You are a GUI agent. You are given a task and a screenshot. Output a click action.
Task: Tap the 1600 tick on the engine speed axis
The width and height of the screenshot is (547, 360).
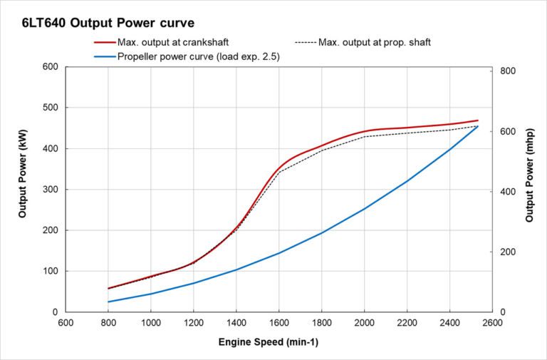coord(278,322)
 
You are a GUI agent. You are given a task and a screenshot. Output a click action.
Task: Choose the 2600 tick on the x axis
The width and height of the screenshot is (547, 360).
coord(492,322)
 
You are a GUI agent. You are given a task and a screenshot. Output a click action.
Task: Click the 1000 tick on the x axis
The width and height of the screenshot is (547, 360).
coord(150,322)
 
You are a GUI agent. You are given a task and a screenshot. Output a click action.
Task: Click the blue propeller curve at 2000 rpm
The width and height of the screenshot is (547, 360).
coord(365,209)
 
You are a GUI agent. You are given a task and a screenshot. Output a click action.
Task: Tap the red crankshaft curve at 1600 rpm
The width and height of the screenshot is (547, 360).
coord(279,168)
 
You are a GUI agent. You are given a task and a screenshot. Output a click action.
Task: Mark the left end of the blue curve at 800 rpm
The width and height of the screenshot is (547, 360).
coord(108,302)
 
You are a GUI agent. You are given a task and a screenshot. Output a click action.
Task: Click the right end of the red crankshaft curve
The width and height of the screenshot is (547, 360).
coord(478,120)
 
